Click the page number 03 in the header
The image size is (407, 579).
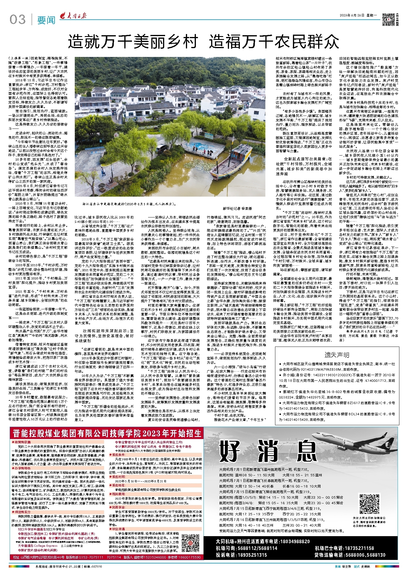[17, 20]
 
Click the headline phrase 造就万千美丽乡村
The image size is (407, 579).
[133, 42]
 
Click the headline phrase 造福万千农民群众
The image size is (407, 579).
[274, 42]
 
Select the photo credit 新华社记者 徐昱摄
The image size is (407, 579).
[237, 208]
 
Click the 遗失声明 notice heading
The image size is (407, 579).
[337, 355]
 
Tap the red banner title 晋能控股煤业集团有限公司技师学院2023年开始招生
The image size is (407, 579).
[107, 433]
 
